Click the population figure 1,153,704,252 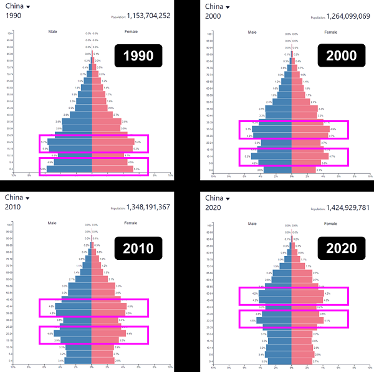coord(149,17)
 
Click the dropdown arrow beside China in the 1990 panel coord(33,7)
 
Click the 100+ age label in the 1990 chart coord(11,33)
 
